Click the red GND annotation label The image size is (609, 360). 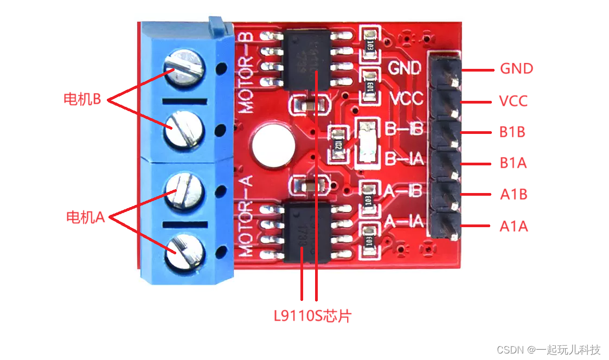tap(516, 69)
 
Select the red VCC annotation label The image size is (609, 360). tap(513, 101)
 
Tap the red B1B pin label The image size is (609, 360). tap(512, 132)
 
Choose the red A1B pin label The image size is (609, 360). tap(513, 194)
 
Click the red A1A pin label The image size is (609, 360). tap(513, 226)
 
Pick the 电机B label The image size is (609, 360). tap(82, 99)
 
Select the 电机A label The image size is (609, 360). tap(85, 217)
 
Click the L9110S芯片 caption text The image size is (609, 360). tap(312, 316)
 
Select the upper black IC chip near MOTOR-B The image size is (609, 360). tap(308, 59)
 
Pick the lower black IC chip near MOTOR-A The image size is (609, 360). tap(308, 232)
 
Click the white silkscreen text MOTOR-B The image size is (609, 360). tap(247, 72)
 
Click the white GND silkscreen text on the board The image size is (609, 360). tap(405, 68)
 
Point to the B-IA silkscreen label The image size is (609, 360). tap(403, 159)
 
